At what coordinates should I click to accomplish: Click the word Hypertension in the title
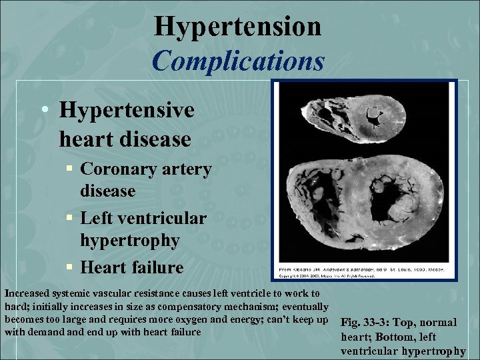tap(238, 27)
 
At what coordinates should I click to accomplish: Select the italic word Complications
tap(238, 61)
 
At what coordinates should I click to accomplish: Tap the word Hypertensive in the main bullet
tap(127, 110)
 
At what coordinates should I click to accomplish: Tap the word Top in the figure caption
tap(417, 323)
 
